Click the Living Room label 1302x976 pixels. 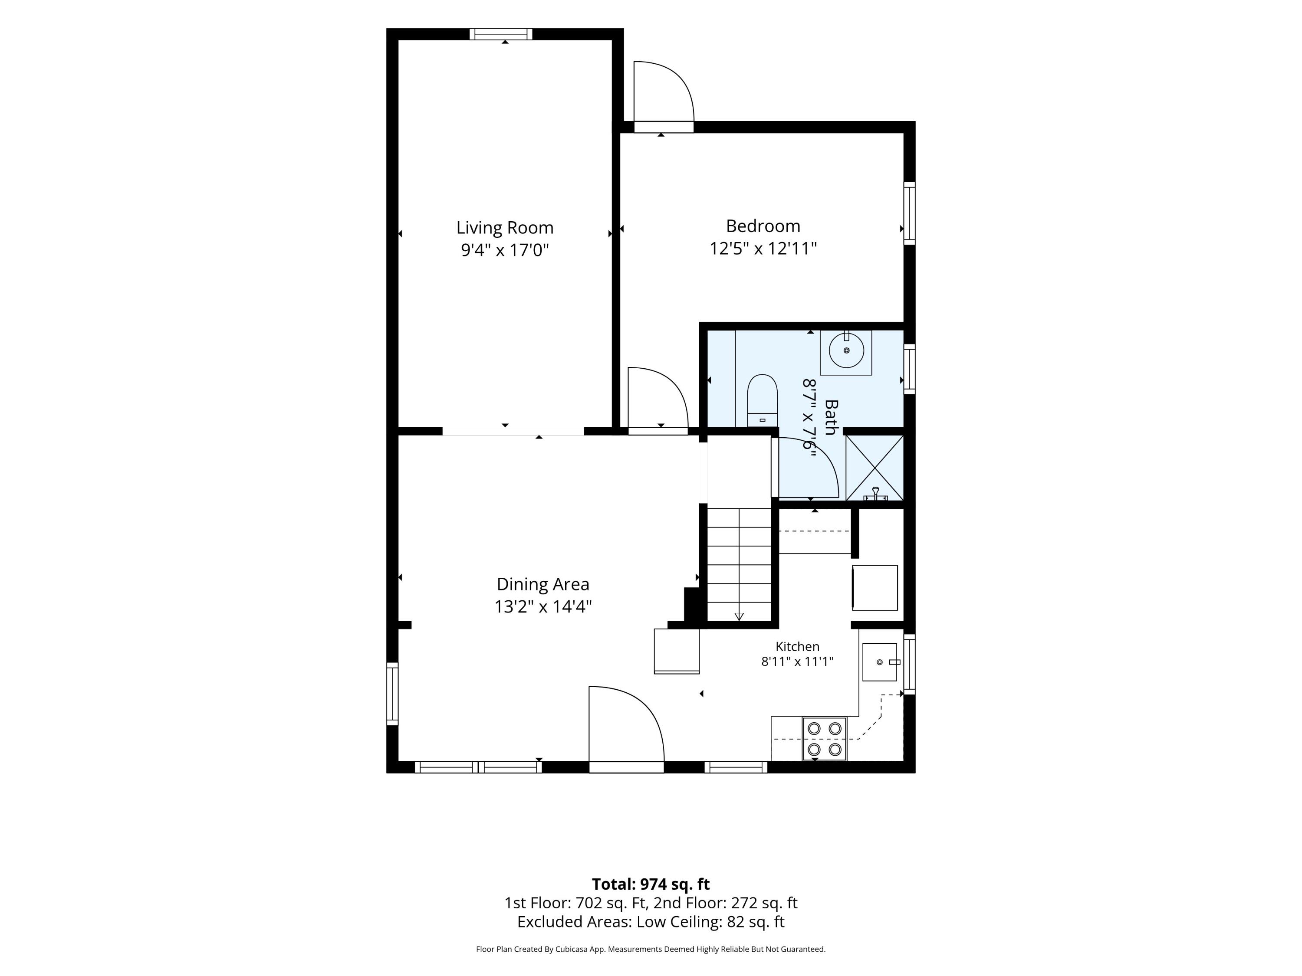click(x=504, y=228)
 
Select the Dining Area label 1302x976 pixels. click(x=542, y=584)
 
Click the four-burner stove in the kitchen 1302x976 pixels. click(x=824, y=739)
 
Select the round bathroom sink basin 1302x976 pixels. click(x=846, y=350)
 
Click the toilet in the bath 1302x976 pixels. click(x=762, y=400)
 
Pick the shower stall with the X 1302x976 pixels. click(x=875, y=468)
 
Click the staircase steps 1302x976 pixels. click(x=739, y=564)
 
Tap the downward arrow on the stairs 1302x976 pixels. click(x=739, y=616)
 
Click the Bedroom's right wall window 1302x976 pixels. click(x=909, y=213)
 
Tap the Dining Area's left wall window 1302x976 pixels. click(x=392, y=694)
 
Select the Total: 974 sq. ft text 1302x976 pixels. click(x=651, y=884)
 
